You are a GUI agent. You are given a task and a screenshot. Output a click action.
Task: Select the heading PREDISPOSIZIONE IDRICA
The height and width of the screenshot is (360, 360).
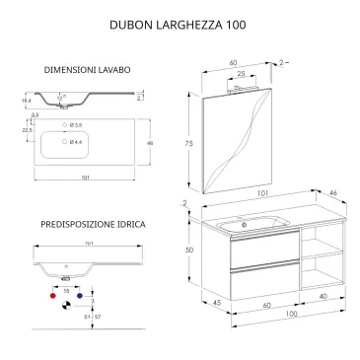pos(94,225)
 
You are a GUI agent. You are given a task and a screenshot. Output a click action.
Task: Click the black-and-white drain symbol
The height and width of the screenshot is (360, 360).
pos(68,307)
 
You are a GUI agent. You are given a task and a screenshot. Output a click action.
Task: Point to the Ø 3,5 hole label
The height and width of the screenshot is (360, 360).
pos(86,126)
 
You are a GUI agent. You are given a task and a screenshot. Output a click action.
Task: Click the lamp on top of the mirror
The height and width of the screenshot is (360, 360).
pos(243,87)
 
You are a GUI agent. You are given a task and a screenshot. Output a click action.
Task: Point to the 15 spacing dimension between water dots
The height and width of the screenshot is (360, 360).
pos(67,290)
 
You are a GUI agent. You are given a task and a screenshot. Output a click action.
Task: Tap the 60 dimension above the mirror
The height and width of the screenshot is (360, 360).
pos(235,62)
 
